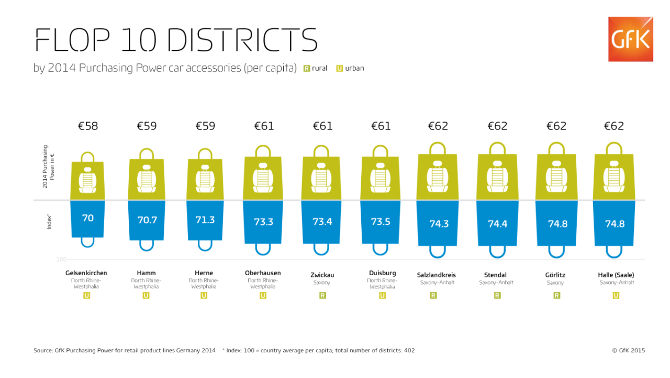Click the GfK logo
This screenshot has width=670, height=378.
pos(631,39)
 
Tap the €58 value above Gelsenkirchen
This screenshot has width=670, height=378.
pos(88,126)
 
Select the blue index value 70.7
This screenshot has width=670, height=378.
pos(147,220)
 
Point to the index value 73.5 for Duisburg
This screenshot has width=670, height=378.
pos(381,222)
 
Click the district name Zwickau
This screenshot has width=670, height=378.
pos(322,275)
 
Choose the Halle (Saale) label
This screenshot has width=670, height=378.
pos(616,275)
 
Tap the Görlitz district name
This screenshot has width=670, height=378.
pos(555,275)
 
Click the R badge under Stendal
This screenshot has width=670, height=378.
pos(497,296)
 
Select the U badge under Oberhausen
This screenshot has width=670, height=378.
pos(263,296)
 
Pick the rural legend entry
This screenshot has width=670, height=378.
pos(315,68)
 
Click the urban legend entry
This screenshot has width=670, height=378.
pos(350,68)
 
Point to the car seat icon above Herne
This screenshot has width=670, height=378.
pos(205,179)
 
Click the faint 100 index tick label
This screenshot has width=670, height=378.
pos(61,260)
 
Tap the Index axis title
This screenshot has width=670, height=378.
pos(49,222)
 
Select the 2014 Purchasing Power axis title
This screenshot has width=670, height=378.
pos(48,167)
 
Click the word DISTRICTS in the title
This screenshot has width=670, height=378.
pos(242,40)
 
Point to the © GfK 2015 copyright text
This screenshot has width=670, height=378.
pos(629,350)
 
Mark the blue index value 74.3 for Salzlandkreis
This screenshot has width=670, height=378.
pos(439,224)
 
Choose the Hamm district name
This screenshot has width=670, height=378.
pos(146,273)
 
